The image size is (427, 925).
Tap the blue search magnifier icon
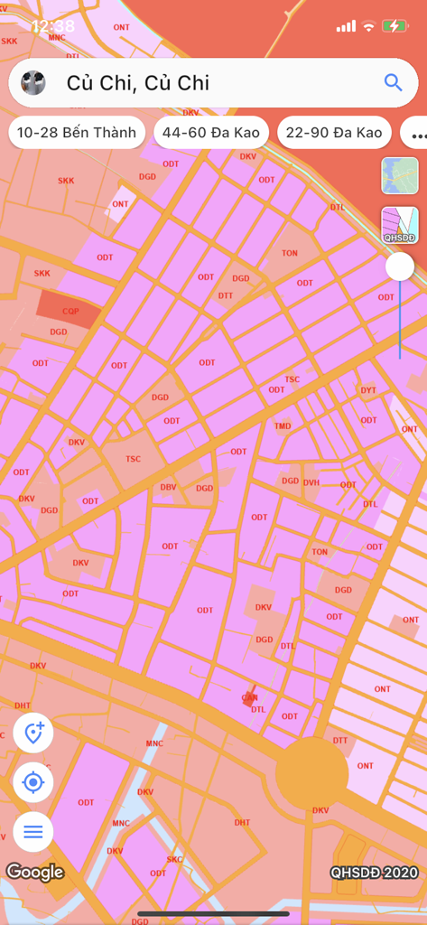393,82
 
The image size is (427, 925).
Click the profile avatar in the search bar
33,82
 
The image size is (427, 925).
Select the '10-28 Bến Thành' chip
77,133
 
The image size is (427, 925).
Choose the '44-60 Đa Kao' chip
212,133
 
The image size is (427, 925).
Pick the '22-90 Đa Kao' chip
334,133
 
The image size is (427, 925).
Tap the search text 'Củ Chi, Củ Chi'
138,83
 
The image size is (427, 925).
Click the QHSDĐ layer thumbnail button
400,225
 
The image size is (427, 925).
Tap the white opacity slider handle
400,266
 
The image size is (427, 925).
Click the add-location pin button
33,733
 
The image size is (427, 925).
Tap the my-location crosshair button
33,782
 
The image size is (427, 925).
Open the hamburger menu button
33,831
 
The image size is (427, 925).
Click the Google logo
35,872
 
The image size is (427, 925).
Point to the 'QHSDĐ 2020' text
374,873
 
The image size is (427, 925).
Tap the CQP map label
70,311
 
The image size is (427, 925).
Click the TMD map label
283,425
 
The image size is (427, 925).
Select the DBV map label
168,487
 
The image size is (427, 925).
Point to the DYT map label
368,390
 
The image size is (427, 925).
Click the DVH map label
311,482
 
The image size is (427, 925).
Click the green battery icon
394,26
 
